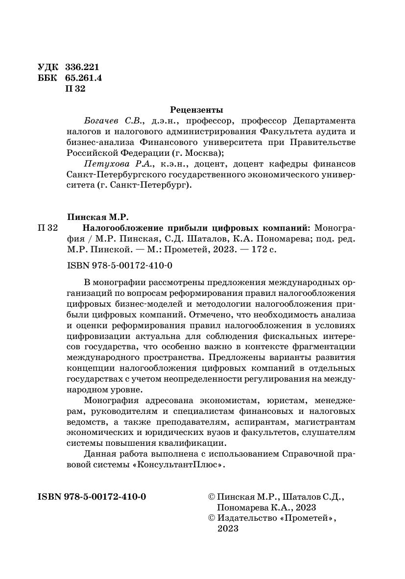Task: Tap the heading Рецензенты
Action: [x=196, y=109]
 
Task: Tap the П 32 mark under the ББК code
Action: [x=75, y=89]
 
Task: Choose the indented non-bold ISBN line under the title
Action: [x=119, y=265]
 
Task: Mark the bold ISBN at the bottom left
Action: [x=92, y=496]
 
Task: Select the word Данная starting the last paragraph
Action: [x=100, y=454]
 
